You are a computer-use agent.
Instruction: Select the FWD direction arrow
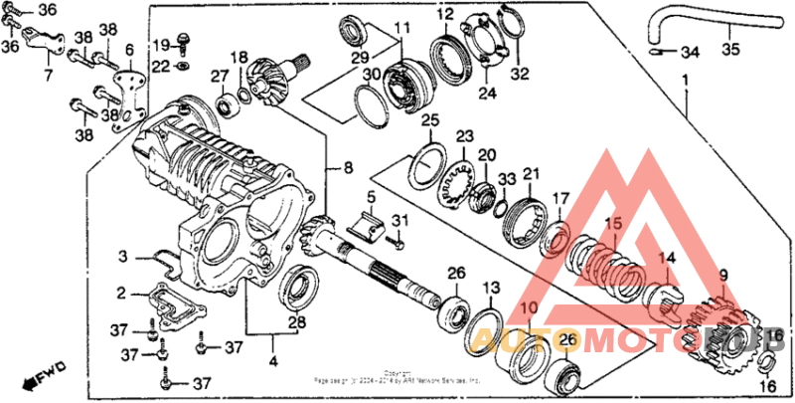(x=45, y=376)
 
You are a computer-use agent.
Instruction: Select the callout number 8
(x=349, y=169)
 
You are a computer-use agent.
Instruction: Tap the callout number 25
(x=429, y=121)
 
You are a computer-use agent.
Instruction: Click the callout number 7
(x=48, y=74)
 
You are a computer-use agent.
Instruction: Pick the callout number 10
(x=529, y=308)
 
